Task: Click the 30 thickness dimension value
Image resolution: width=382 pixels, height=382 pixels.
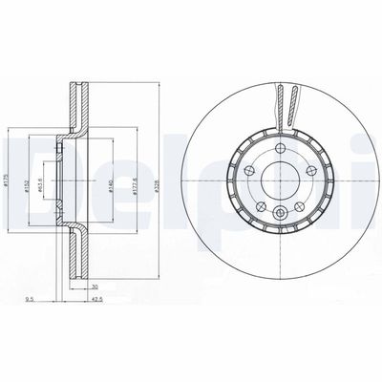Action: pyautogui.click(x=95, y=287)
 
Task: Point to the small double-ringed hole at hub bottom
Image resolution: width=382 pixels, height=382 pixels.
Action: pyautogui.click(x=282, y=213)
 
